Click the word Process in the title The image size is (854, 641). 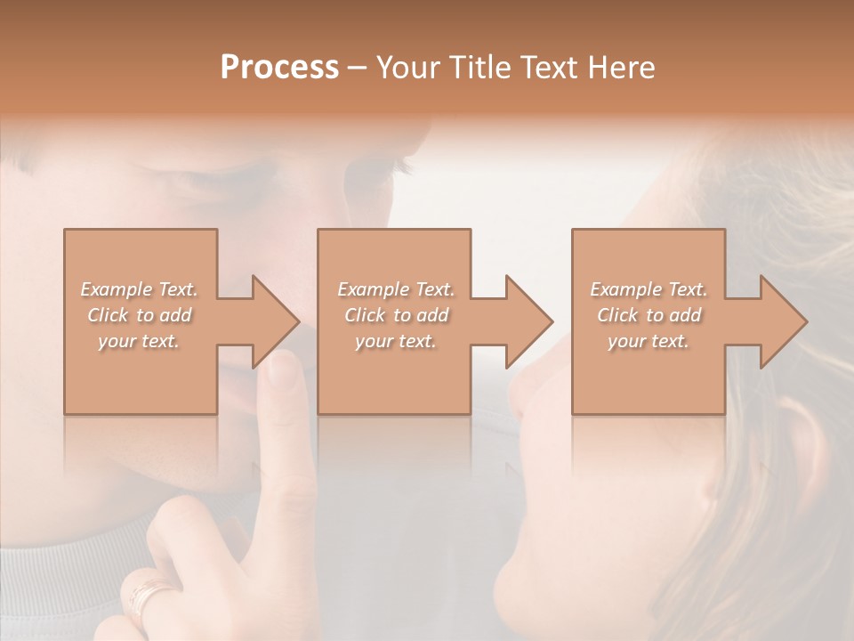(279, 68)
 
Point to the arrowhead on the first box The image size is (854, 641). (276, 321)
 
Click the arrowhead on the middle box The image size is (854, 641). (529, 321)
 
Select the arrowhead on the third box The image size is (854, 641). (784, 321)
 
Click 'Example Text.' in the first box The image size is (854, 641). (139, 289)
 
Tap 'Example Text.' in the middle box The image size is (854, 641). (396, 289)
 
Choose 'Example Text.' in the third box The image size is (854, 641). (649, 289)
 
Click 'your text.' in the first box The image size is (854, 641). (139, 341)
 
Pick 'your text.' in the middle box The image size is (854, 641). (396, 341)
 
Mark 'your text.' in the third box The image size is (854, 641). (649, 341)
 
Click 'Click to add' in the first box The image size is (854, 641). (139, 315)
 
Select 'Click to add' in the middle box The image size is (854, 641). (396, 315)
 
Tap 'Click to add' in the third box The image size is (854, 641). (649, 315)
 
